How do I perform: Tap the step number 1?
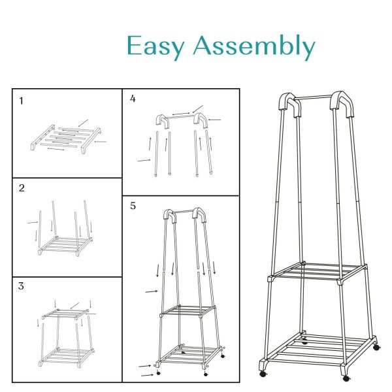(x=22, y=101)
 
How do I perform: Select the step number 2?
(x=22, y=188)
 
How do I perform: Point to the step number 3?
(x=22, y=286)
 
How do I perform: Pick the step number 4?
(x=133, y=99)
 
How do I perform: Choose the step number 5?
(x=133, y=206)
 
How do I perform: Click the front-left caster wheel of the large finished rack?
(x=263, y=374)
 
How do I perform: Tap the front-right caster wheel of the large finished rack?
(x=346, y=378)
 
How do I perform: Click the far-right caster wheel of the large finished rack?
(x=376, y=348)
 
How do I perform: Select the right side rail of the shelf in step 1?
(x=91, y=140)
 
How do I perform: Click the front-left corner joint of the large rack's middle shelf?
(x=271, y=279)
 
